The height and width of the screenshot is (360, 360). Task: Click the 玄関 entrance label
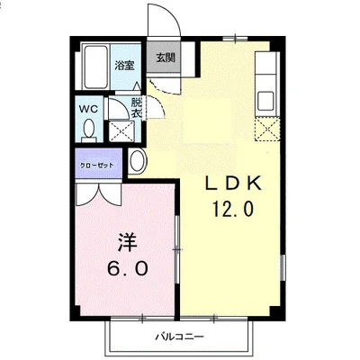[x=166, y=58]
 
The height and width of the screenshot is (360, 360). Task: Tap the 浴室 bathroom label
[x=124, y=66]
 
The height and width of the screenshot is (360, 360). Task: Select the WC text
[x=88, y=109]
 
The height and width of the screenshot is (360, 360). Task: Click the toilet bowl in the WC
[x=89, y=129]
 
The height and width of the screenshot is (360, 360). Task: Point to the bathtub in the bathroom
[x=95, y=67]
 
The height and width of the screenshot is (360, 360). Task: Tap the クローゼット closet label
[x=97, y=166]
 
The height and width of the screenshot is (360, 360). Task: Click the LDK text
[x=233, y=184]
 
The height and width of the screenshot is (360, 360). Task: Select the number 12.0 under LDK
[x=233, y=209]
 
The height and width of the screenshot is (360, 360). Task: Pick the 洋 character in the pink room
[x=127, y=242]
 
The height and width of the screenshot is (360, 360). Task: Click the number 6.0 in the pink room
[x=128, y=268]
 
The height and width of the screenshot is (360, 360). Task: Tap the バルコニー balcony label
[x=179, y=337]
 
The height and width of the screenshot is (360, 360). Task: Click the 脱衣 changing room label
[x=137, y=108]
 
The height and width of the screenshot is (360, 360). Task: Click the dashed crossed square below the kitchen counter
[x=267, y=130]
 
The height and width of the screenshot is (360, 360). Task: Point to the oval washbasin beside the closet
[x=138, y=161]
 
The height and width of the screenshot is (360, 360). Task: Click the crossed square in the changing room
[x=121, y=130]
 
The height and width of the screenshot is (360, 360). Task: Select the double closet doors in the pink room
[x=98, y=194]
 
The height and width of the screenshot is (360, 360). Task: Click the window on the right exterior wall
[x=283, y=268]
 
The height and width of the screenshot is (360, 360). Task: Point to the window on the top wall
[x=235, y=39]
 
